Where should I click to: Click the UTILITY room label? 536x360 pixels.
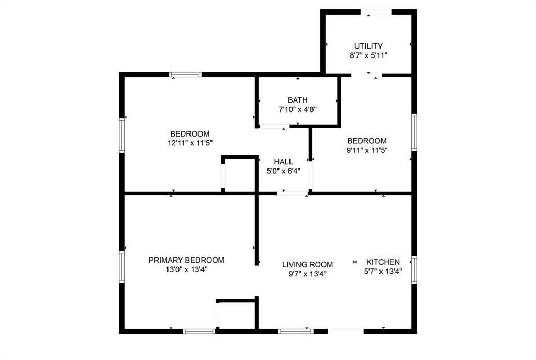click(368, 46)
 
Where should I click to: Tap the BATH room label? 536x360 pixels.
click(297, 100)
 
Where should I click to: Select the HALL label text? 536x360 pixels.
click(283, 162)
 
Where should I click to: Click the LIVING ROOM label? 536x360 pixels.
click(307, 265)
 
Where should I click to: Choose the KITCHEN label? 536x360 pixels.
click(383, 262)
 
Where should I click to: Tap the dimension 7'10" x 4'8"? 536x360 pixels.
click(297, 109)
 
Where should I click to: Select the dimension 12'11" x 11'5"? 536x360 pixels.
click(189, 142)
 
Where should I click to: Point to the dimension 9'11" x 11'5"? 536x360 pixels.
click(367, 150)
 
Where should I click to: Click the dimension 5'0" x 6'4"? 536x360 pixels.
click(283, 171)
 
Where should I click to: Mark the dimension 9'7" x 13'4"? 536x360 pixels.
click(307, 274)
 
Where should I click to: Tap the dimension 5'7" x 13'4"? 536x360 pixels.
click(383, 271)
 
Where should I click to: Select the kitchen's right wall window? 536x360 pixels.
click(414, 270)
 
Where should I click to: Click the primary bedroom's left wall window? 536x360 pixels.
click(122, 267)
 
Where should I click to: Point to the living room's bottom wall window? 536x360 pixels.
click(296, 331)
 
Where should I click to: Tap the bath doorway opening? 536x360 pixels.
click(273, 126)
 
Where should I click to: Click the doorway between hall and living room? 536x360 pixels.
click(293, 194)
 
